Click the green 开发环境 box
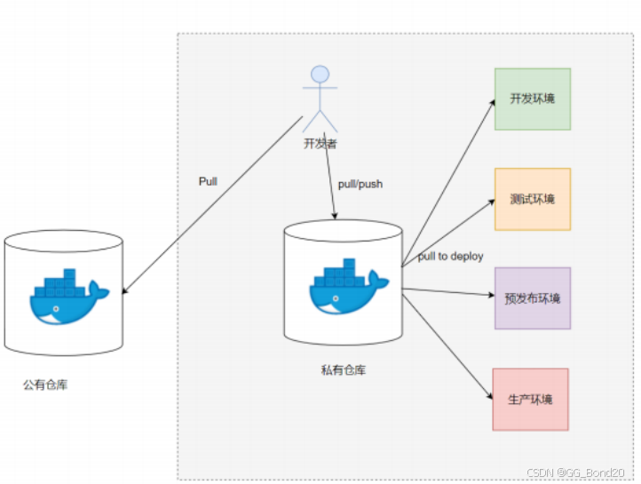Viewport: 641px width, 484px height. [x=532, y=99]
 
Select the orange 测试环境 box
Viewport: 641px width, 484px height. [x=532, y=199]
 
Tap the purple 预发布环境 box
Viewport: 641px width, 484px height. [x=532, y=298]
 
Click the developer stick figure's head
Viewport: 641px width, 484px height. [x=320, y=75]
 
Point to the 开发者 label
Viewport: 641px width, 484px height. [x=320, y=143]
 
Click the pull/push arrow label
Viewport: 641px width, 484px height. [x=360, y=185]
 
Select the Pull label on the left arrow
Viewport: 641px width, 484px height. [x=208, y=181]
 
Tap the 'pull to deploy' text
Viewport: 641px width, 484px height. [x=451, y=257]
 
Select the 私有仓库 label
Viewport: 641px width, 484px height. [x=343, y=369]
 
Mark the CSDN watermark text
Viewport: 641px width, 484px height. [x=578, y=472]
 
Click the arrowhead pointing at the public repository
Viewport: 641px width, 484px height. [x=124, y=291]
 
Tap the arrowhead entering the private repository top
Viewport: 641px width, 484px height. [x=335, y=216]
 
